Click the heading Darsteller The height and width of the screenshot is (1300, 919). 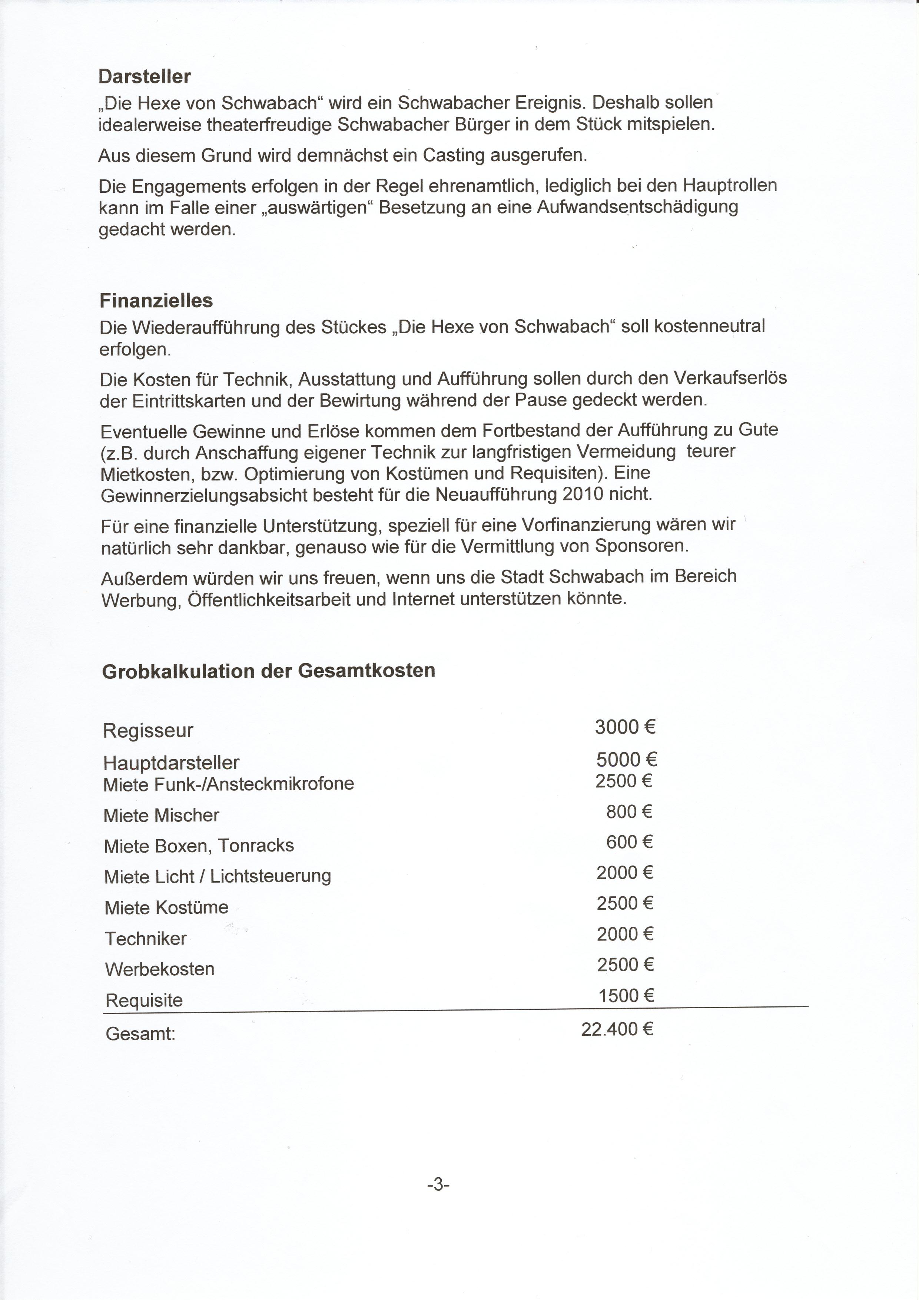[x=145, y=76]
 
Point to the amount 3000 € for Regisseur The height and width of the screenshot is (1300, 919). [x=625, y=727]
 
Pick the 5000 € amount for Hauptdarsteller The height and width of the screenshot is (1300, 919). [x=626, y=759]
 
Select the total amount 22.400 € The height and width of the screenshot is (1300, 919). [x=617, y=1029]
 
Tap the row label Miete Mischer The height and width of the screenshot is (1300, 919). [x=161, y=816]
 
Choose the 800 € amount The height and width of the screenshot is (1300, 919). [x=629, y=812]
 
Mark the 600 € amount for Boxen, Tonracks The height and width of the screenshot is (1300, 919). [x=629, y=843]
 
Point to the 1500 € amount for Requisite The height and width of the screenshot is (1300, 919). [x=626, y=995]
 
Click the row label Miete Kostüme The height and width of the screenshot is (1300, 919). [x=166, y=907]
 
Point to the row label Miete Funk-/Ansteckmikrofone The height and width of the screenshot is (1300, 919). [x=229, y=784]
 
